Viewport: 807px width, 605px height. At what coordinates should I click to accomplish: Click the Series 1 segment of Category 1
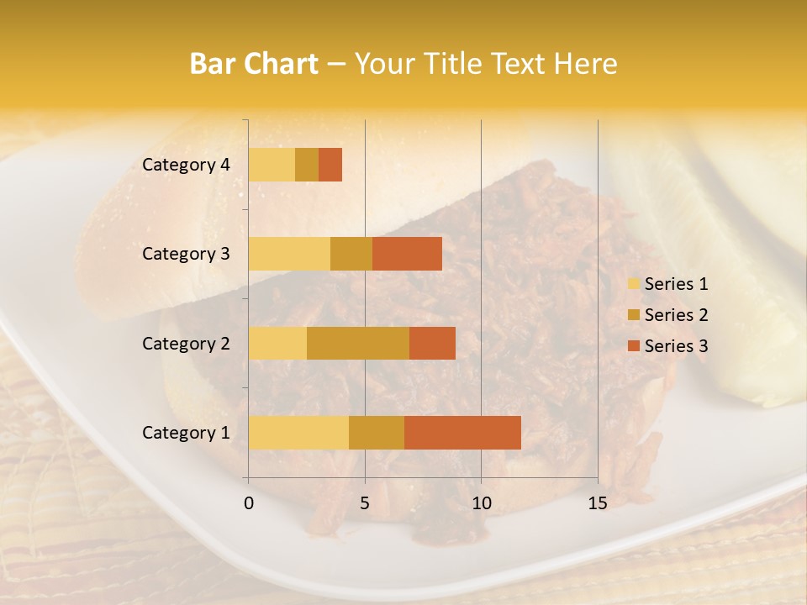pos(298,433)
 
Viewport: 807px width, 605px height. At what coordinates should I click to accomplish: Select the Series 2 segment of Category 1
pos(377,433)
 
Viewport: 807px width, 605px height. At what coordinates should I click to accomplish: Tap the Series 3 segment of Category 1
pos(462,433)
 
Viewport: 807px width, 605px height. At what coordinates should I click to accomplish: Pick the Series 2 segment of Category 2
pos(358,343)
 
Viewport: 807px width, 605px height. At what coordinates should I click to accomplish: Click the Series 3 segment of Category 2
pos(432,343)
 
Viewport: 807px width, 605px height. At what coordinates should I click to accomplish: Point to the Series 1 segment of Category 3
pos(289,254)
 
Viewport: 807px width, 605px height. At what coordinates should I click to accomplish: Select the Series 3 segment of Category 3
pos(407,254)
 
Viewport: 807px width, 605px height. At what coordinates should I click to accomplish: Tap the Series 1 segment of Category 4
pos(272,165)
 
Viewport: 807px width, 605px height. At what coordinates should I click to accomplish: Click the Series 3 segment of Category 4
pos(330,165)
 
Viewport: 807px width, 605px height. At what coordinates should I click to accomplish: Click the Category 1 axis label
pos(186,433)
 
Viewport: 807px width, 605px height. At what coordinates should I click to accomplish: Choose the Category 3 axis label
pos(186,254)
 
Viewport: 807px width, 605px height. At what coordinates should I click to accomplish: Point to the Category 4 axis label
pos(186,165)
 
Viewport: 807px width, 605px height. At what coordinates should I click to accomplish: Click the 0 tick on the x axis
pos(249,503)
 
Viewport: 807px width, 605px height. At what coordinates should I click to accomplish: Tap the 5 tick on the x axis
pos(365,503)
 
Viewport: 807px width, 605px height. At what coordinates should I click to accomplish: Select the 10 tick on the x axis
pos(481,503)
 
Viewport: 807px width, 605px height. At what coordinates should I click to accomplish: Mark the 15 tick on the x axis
pos(597,503)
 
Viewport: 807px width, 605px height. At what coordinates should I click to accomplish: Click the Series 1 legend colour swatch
pos(633,284)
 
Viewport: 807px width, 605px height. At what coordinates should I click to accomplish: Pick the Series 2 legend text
pos(676,315)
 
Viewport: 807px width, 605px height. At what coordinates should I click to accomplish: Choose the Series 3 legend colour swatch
pos(633,346)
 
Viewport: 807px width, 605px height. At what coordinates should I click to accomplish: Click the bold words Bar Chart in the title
pos(254,64)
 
